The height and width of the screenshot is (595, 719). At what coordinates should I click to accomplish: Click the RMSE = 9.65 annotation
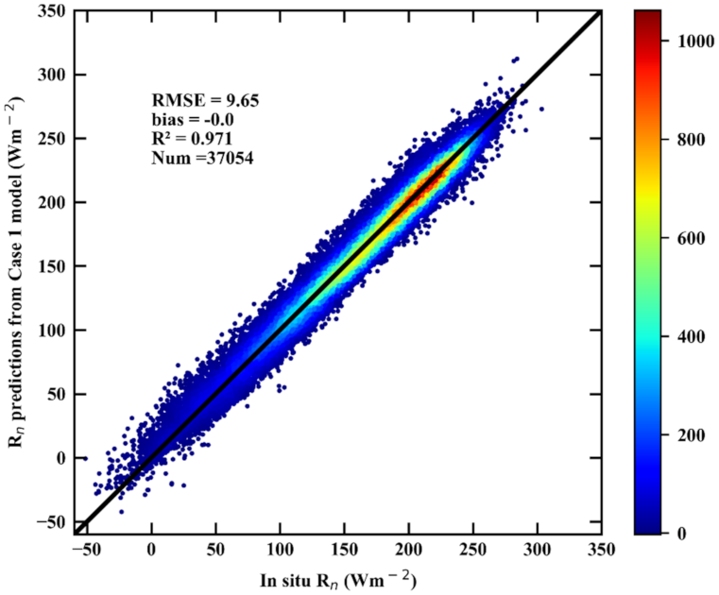coord(194,99)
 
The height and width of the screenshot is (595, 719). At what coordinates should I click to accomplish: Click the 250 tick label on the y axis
coord(53,139)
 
